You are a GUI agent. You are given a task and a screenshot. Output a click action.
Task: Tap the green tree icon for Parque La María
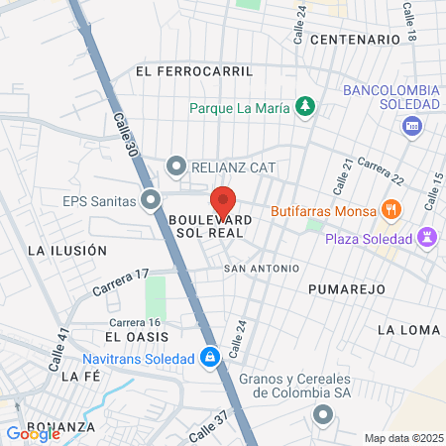[307, 105]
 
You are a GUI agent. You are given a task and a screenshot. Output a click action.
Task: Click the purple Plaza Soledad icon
[427, 239]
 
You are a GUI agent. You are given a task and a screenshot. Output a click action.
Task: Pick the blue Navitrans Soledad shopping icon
[209, 358]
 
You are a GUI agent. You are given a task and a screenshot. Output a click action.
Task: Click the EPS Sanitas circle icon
[151, 201]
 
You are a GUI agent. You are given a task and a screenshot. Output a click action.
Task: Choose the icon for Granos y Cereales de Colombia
[321, 417]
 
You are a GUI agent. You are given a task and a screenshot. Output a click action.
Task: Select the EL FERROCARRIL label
[194, 71]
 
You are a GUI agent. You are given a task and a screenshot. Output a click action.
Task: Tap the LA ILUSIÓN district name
[67, 251]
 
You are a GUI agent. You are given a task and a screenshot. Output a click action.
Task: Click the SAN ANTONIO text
[261, 269]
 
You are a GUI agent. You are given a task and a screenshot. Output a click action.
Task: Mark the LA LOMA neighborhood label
[407, 328]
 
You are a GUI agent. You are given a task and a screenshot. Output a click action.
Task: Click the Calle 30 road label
[125, 134]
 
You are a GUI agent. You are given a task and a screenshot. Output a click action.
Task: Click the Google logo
[33, 433]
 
